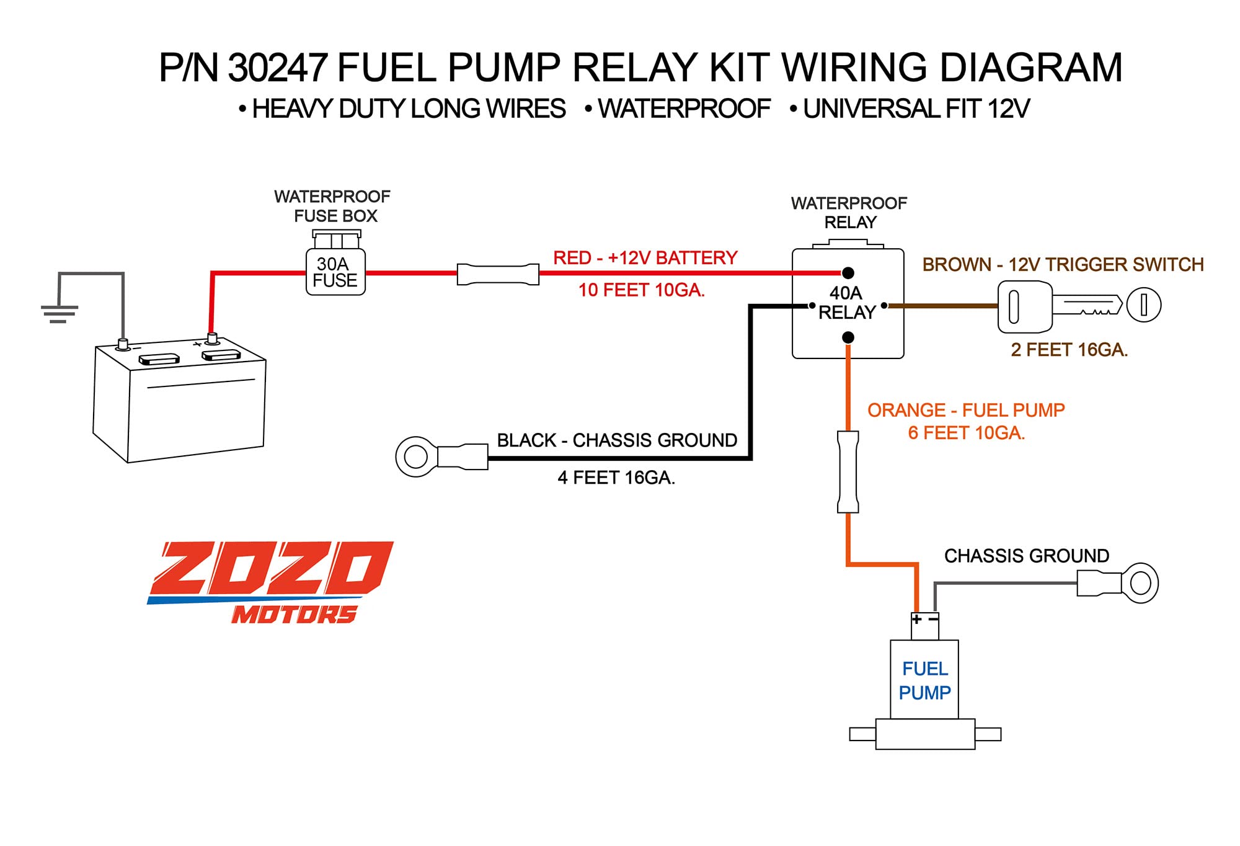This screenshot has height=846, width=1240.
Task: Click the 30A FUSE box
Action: point(335,272)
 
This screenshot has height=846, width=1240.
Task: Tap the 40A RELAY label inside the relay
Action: point(847,303)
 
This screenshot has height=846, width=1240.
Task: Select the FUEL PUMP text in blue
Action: point(924,680)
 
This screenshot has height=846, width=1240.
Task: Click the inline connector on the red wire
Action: point(498,274)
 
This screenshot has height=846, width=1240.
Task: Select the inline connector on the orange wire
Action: point(848,472)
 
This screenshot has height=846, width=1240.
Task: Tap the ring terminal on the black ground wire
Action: point(416,456)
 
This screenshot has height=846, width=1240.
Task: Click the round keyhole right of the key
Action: point(1143,305)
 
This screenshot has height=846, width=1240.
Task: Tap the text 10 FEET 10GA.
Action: point(641,290)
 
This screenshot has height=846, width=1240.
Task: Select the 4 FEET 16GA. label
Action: point(616,478)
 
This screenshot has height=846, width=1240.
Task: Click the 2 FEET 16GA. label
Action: point(1069,350)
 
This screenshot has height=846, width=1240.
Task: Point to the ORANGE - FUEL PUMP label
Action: point(965,410)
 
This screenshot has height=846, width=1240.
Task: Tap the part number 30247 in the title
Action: point(277,68)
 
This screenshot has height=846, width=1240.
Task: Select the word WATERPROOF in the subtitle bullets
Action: point(683,109)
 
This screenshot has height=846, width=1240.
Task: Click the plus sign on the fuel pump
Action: point(917,619)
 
